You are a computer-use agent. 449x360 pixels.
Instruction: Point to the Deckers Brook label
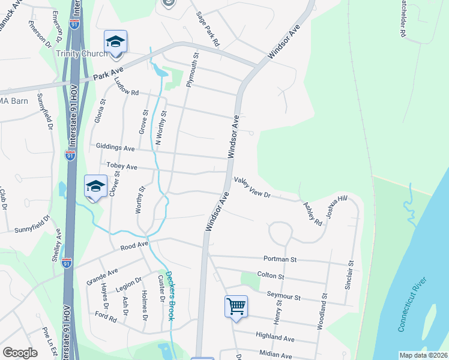[170, 293]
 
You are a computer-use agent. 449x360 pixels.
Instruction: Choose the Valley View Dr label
[253, 187]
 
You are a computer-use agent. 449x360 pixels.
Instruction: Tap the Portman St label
[280, 259]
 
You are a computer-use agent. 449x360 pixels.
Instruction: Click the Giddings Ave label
[115, 147]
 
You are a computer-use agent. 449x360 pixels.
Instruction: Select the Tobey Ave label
[122, 166]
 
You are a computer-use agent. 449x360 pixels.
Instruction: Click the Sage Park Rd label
[208, 29]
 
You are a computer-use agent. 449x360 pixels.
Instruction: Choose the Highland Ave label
[275, 338]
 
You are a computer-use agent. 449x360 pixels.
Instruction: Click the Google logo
[20, 353]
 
